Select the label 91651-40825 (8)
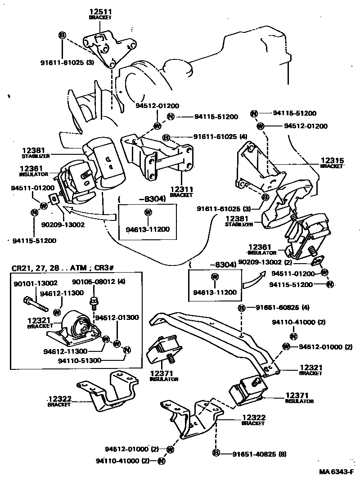255,454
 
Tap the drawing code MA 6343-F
337,472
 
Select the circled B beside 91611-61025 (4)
166,137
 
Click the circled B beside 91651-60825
242,308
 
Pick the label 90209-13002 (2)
265,262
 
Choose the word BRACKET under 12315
332,166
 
